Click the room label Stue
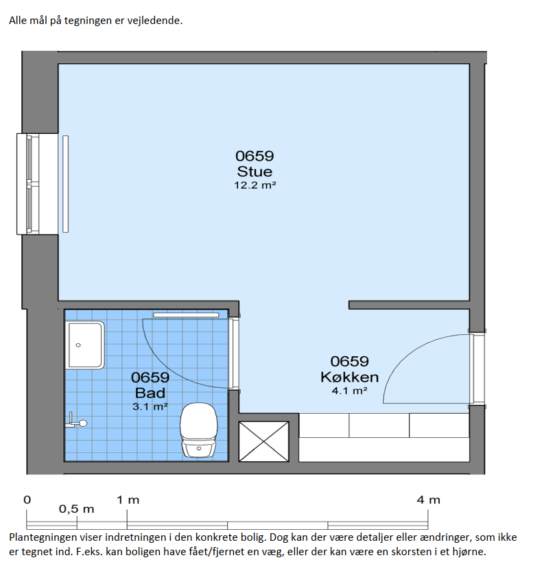point(255,172)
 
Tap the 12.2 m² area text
point(255,185)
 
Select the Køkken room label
point(349,377)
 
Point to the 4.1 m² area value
point(349,391)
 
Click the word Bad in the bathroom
point(150,393)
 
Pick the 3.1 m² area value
point(150,406)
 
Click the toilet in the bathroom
point(199,430)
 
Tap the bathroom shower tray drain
point(78,345)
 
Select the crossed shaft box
point(263,441)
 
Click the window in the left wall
point(37,184)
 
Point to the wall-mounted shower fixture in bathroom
point(76,421)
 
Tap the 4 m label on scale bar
point(428,500)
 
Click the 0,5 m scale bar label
point(76,509)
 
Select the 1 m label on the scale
point(128,500)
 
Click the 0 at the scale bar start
point(27,500)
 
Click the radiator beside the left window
point(65,184)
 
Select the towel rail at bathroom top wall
point(186,314)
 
